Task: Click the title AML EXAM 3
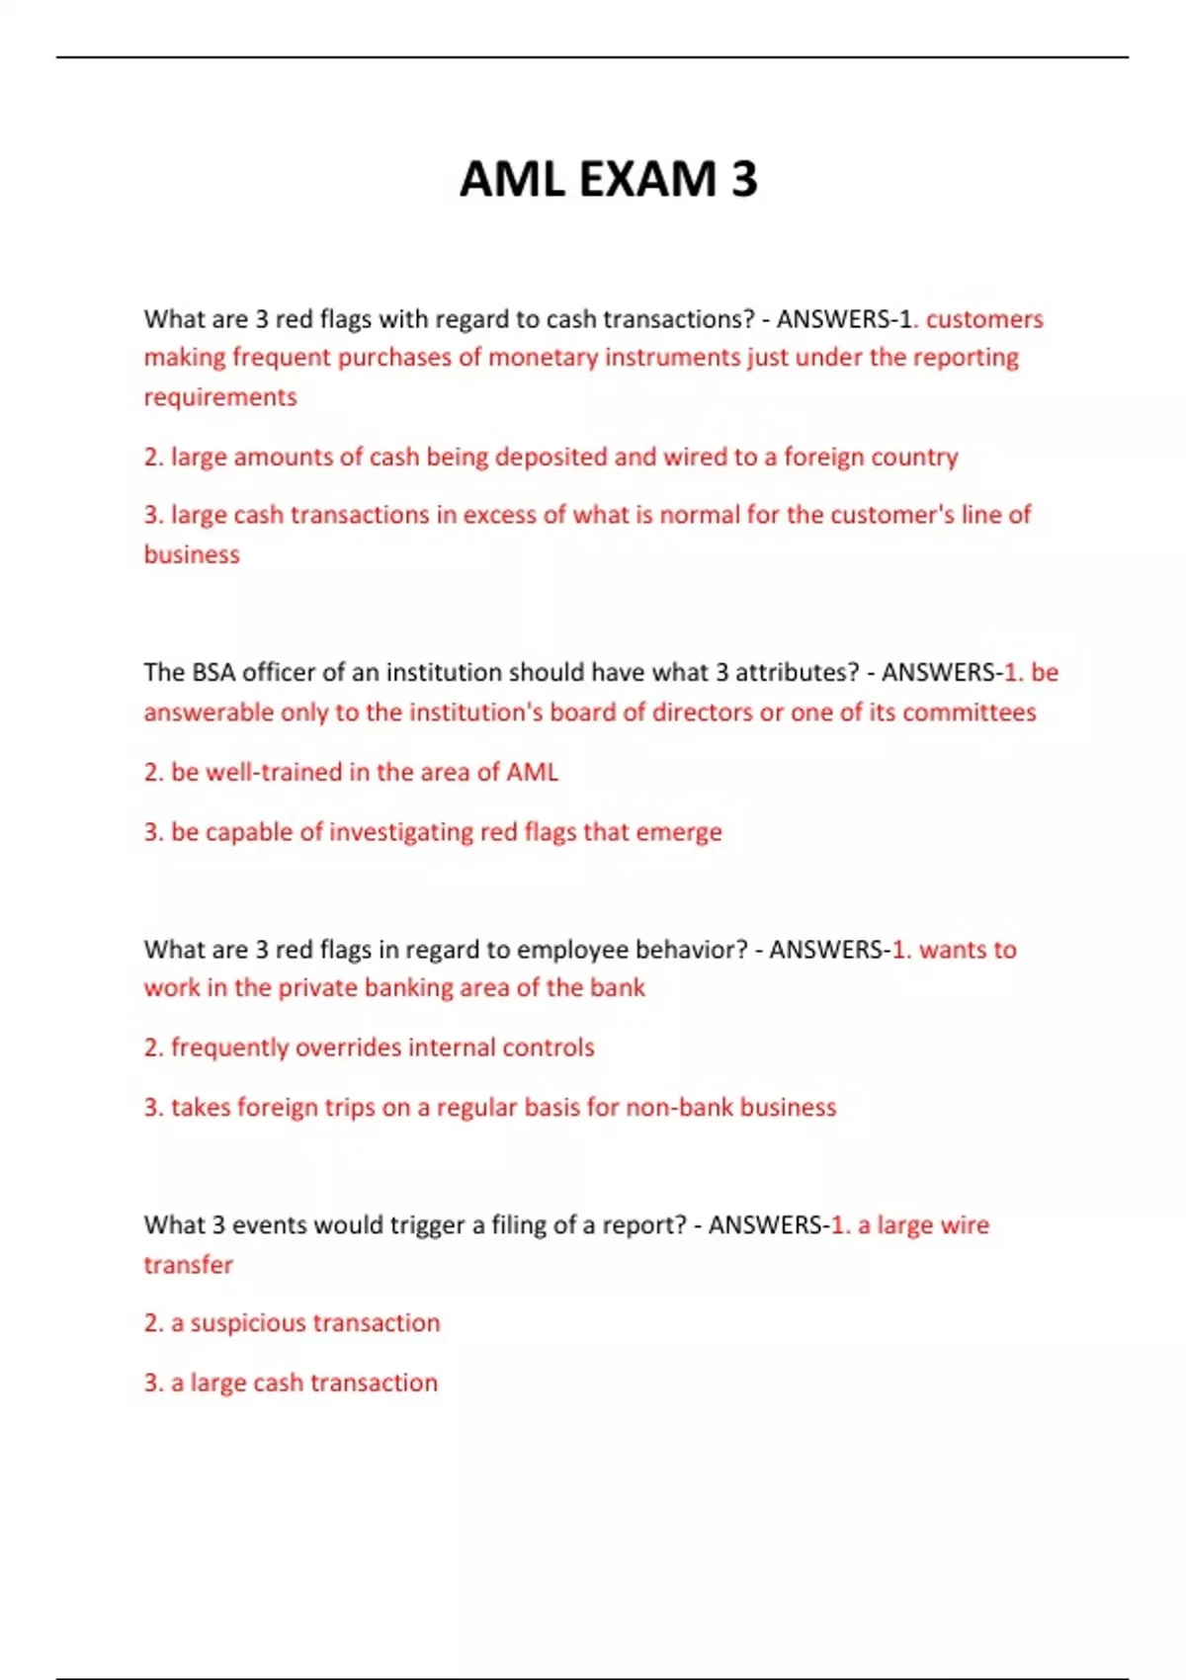[608, 180]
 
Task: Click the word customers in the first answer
[984, 319]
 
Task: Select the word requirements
[220, 397]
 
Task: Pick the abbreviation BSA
[213, 672]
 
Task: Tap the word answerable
[209, 713]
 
